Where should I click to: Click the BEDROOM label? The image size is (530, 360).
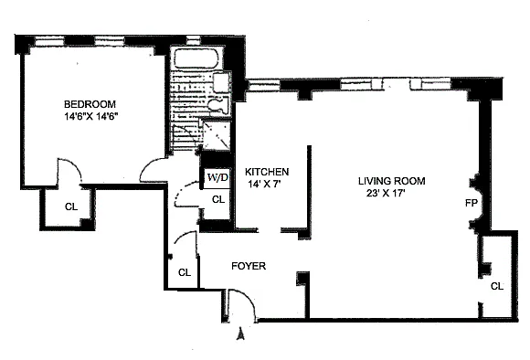click(x=90, y=104)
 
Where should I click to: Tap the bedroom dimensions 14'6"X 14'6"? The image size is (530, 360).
click(x=91, y=117)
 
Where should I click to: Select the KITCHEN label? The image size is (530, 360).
click(x=267, y=172)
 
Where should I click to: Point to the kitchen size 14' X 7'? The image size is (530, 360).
click(x=265, y=185)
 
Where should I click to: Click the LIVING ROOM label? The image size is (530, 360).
click(x=392, y=181)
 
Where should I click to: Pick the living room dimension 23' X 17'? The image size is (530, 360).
click(x=386, y=194)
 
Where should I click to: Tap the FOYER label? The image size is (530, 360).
click(x=249, y=266)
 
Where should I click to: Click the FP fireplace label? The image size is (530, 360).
click(x=472, y=203)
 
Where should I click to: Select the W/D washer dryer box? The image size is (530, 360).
click(x=217, y=177)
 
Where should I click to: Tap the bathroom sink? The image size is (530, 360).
click(x=222, y=82)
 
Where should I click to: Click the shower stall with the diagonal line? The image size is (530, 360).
click(x=217, y=135)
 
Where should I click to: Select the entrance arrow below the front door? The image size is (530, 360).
click(x=240, y=334)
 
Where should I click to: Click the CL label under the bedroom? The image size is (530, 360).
click(x=71, y=206)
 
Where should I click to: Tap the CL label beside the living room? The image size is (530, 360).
click(x=497, y=286)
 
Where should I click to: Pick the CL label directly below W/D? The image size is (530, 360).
click(x=218, y=200)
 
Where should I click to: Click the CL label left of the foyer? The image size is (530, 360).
click(x=185, y=272)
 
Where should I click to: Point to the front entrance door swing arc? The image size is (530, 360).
click(x=249, y=298)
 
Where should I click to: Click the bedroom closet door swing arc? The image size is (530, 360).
click(x=74, y=164)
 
